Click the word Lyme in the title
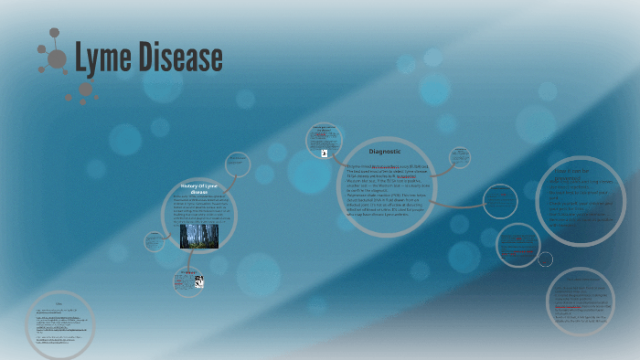click(x=103, y=59)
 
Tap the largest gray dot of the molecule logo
click(x=57, y=59)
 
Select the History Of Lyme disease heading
click(x=198, y=189)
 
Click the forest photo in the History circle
click(x=197, y=233)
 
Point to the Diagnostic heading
click(x=385, y=150)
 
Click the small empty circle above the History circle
click(x=237, y=164)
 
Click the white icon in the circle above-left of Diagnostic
click(x=323, y=154)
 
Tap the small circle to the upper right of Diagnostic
click(x=460, y=158)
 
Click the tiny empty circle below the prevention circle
click(x=546, y=259)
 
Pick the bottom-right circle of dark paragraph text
click(x=581, y=302)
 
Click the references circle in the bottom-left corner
click(x=59, y=325)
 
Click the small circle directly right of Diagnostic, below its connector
click(x=500, y=201)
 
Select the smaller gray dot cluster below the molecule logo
click(x=85, y=90)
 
